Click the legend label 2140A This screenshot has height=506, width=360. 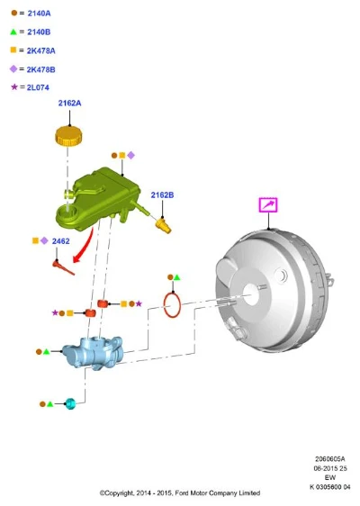pos(39,14)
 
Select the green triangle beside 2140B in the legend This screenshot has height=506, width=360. pos(13,32)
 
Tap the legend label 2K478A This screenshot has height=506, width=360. pos(41,50)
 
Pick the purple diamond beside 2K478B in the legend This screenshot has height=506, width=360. pos(13,68)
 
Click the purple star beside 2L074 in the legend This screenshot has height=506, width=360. pos(14,86)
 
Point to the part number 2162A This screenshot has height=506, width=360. pos(69,104)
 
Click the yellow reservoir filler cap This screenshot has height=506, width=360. pos(68,136)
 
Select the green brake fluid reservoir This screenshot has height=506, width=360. pos(98,199)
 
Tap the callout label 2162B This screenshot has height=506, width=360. pos(162,195)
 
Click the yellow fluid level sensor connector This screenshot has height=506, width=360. pos(163,225)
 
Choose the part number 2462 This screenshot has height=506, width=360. pos(60,241)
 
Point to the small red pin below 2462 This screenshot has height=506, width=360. pos(63,267)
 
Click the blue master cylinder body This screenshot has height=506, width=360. pos(93,353)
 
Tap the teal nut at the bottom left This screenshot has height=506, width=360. pos(70,403)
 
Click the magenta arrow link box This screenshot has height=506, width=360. pos(268,205)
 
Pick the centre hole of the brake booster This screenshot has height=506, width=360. pos(250,294)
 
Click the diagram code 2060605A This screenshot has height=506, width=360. pos(329,458)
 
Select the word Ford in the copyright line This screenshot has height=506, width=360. pos(182,493)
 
